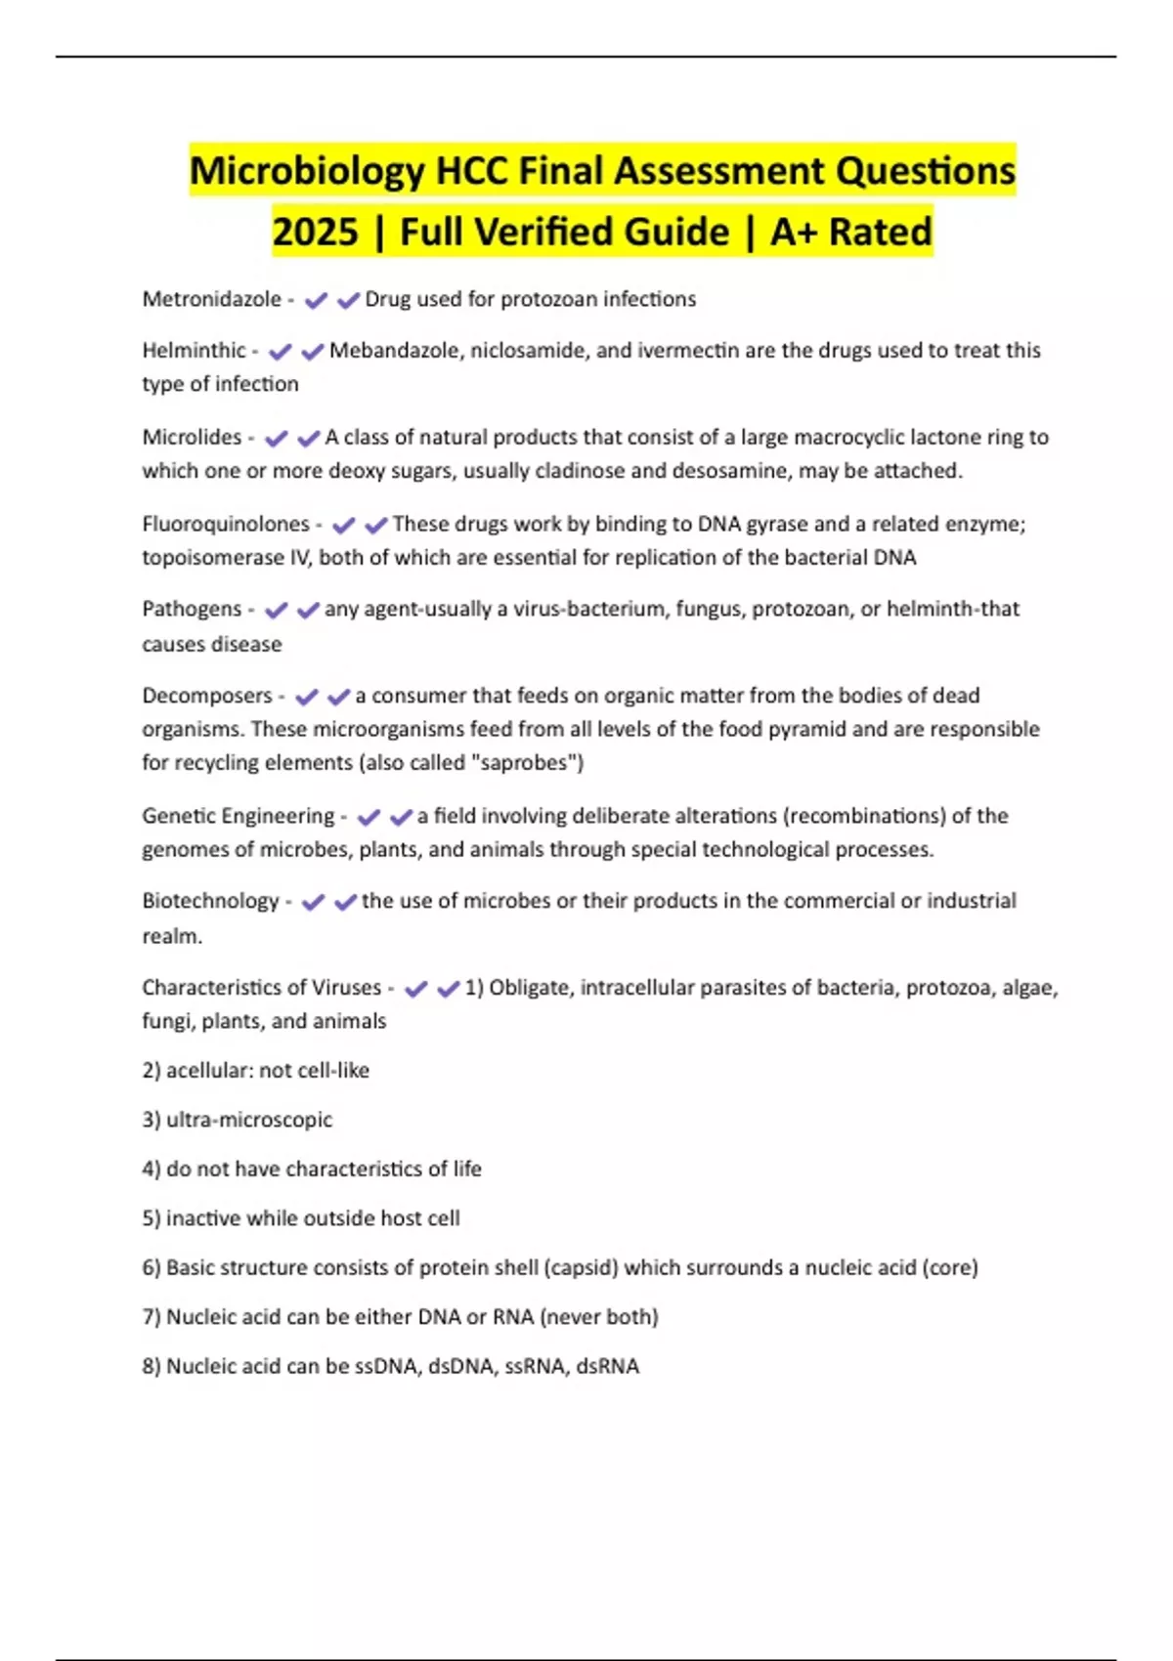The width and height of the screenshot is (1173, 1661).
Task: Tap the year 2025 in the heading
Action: [315, 233]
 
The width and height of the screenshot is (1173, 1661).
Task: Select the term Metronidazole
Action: [211, 299]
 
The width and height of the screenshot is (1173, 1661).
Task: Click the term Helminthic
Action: [194, 350]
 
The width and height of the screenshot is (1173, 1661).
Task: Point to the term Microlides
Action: [192, 437]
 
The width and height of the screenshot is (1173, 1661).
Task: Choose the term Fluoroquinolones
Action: [226, 524]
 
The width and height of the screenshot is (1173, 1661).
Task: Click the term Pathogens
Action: [192, 609]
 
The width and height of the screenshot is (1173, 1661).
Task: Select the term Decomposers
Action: [207, 696]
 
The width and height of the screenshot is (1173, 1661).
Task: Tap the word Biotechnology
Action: [210, 901]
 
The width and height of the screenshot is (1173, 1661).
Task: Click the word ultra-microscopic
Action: [249, 1120]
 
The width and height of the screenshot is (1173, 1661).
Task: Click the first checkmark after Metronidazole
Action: [316, 300]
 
